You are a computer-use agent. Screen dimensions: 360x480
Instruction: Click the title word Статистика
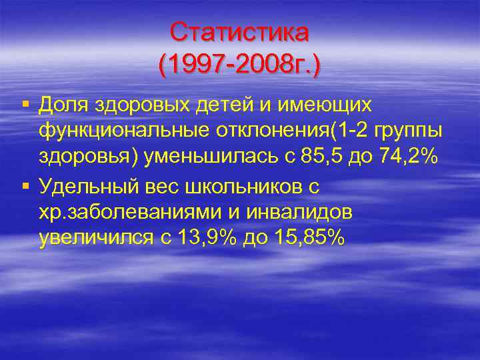point(239,31)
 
